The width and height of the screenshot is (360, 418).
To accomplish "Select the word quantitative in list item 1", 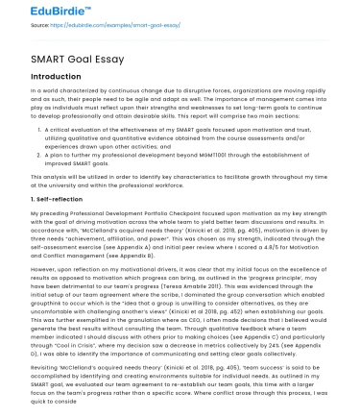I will pos(155,135).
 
